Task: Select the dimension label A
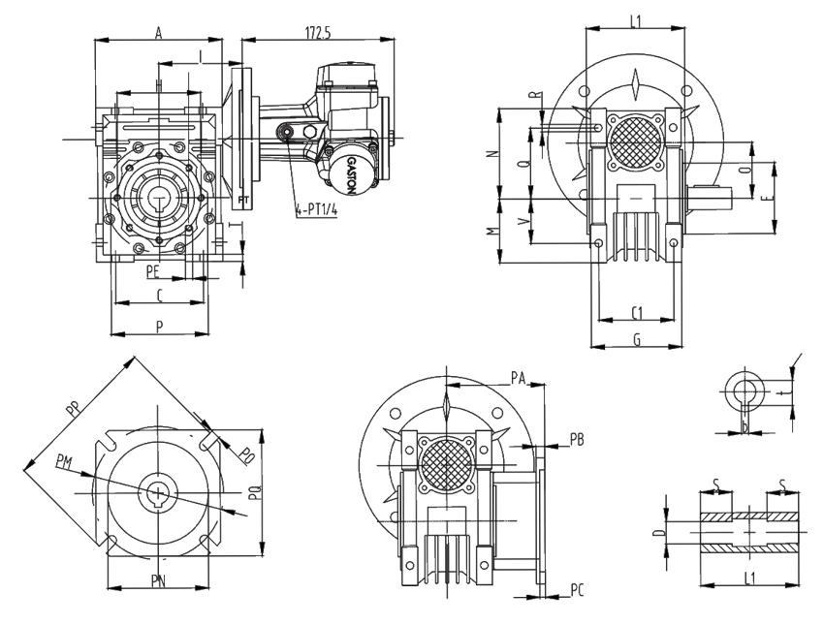coord(158,33)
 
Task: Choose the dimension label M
coord(492,233)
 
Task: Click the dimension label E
coord(765,198)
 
